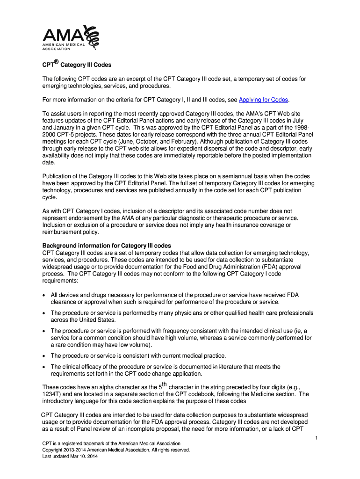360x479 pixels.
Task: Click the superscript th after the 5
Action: (163, 385)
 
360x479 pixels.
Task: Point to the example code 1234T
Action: (52, 394)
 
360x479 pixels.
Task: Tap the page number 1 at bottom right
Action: (317, 437)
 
